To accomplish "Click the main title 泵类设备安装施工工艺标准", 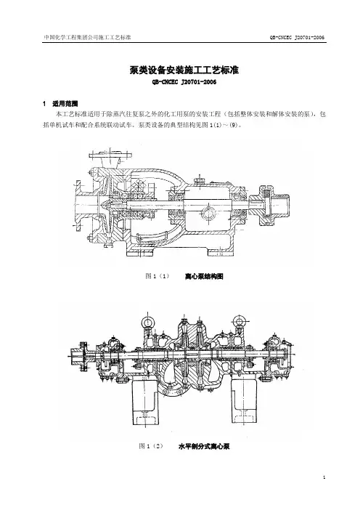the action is [x=184, y=70].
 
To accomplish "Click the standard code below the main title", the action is [x=184, y=82].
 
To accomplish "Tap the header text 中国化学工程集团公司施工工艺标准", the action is [x=87, y=37].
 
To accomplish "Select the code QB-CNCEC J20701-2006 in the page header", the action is [x=297, y=37].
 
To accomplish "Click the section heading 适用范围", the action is [x=65, y=104].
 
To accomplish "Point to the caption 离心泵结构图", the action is [x=204, y=277].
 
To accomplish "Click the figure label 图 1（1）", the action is [x=157, y=277].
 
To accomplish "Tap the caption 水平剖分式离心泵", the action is [x=204, y=446].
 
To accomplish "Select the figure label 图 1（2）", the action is [x=151, y=446].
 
